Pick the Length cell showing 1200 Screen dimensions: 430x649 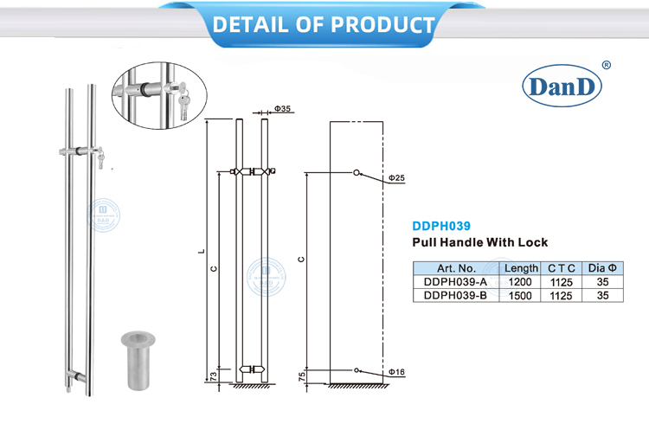[521, 282]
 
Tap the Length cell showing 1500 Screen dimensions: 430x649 [521, 295]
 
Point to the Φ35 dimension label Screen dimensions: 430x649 [283, 109]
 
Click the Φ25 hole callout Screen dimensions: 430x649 [395, 178]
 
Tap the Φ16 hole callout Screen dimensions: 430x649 [395, 372]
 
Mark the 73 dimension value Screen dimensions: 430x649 [212, 375]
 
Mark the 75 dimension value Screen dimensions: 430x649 [302, 376]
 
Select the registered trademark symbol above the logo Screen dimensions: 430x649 [606, 65]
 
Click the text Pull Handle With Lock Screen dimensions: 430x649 [479, 243]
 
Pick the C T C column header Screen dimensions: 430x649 [562, 269]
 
